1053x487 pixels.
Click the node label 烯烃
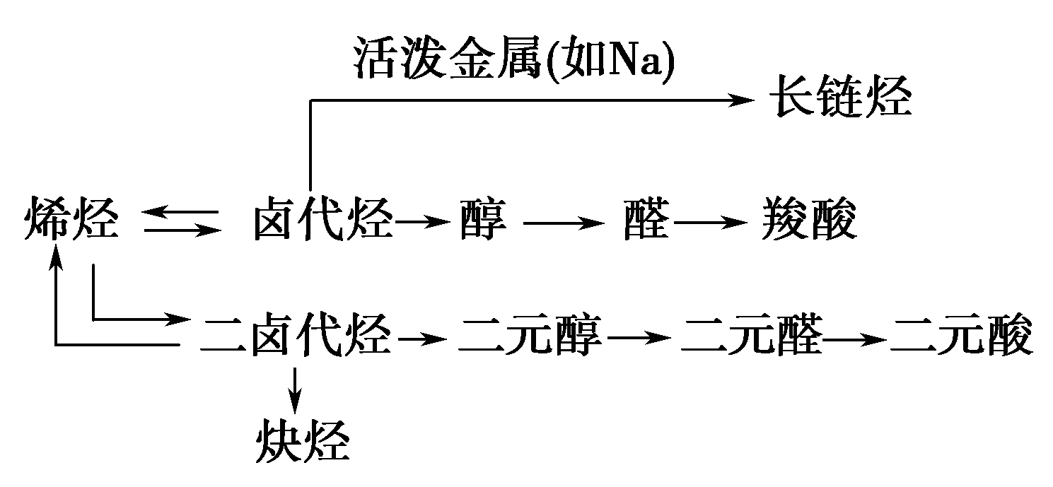(x=71, y=221)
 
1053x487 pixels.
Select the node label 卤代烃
(x=322, y=221)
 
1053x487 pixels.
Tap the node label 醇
(x=483, y=221)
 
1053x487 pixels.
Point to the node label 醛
(x=646, y=221)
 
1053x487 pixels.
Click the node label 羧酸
(x=809, y=221)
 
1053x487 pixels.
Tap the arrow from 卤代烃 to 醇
(x=423, y=222)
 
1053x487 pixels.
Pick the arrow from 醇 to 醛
(x=564, y=222)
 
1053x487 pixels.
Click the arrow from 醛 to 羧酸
(x=711, y=222)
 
